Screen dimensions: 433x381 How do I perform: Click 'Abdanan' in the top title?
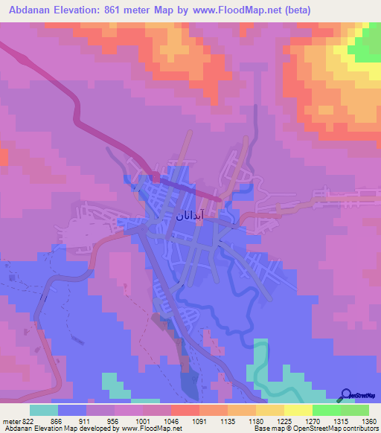point(33,10)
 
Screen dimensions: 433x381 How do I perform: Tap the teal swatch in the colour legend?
point(44,410)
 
